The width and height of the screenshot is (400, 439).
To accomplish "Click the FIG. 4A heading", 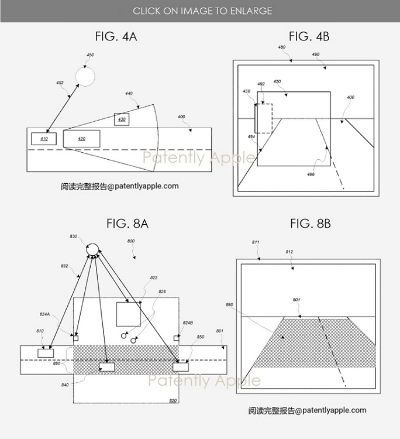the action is click(x=116, y=37).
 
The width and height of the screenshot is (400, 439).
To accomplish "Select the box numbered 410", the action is click(x=44, y=139).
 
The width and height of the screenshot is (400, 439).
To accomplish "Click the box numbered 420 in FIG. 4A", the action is click(x=82, y=139).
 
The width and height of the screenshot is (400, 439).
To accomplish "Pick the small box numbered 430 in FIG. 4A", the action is click(x=122, y=119).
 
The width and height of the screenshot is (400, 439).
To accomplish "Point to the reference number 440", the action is click(x=129, y=93).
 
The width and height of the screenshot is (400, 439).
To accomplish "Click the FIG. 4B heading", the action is click(x=309, y=37).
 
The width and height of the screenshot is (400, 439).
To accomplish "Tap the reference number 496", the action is click(x=311, y=174).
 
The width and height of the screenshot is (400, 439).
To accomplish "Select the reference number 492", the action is click(x=261, y=84).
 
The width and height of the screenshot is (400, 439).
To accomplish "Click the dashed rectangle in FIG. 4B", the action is click(x=263, y=104).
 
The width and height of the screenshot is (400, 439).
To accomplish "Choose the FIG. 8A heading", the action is click(x=127, y=224).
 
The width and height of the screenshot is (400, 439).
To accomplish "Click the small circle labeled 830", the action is click(x=92, y=249).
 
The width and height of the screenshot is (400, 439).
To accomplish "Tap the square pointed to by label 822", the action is click(x=129, y=314).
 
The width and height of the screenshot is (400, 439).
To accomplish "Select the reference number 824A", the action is click(x=44, y=314).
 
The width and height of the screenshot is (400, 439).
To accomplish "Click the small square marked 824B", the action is click(x=176, y=338).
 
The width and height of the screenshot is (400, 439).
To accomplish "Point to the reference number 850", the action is click(x=200, y=337).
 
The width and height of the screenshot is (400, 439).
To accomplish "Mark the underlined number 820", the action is click(x=173, y=400).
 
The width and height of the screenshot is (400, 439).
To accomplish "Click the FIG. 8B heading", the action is click(x=310, y=224).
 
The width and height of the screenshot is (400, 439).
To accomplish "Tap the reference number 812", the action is click(x=289, y=252).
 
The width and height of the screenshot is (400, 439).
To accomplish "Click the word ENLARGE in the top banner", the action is click(x=251, y=11).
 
